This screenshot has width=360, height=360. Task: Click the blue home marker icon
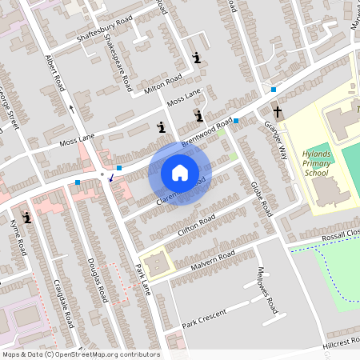[180, 173]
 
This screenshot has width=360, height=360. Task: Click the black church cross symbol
[278, 113]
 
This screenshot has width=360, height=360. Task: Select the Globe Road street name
[261, 199]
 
